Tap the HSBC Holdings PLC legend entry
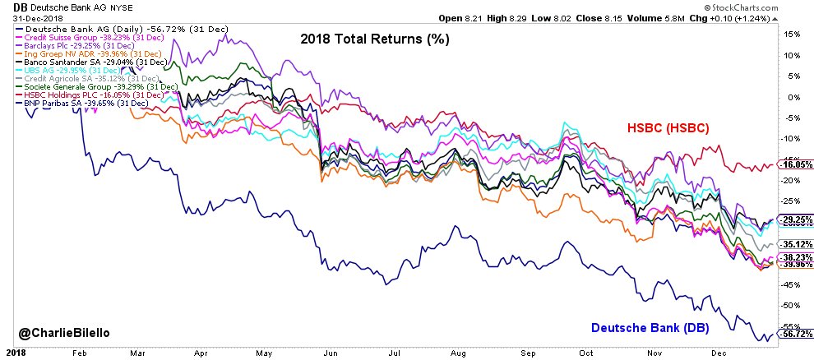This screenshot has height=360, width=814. tap(95, 95)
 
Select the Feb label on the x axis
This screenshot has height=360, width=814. tap(79, 352)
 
